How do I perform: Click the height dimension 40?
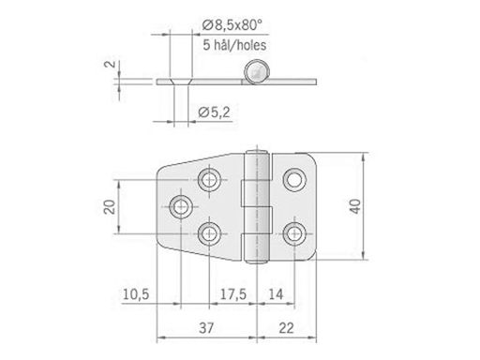[353, 206]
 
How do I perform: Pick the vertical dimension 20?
[109, 206]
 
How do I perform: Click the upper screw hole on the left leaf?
[210, 177]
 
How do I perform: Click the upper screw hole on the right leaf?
[296, 177]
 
